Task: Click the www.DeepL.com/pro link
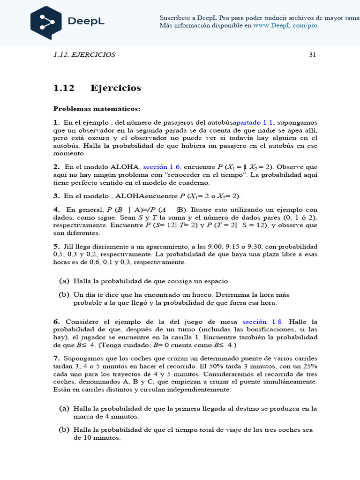coord(286,25)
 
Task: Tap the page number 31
coord(313,55)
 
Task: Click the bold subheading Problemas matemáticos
coord(97,109)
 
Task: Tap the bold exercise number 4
coord(56,210)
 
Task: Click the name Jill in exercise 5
coord(70,247)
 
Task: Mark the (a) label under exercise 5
coord(64,281)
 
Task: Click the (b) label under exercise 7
coord(64,430)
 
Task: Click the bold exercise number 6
coord(56,322)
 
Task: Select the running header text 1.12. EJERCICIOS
coord(84,55)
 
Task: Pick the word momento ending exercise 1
coord(69,153)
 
